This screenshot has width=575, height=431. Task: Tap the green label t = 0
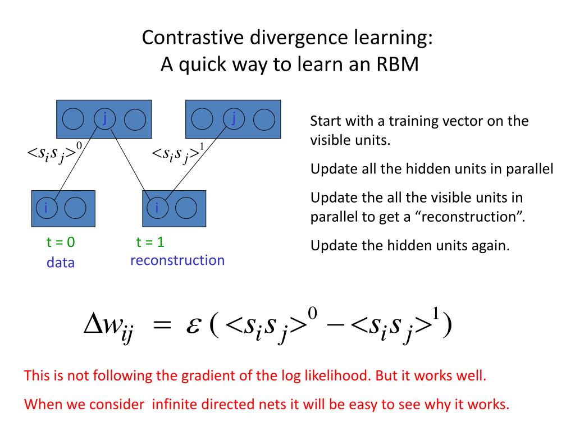point(61,242)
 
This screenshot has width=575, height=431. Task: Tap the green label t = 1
point(150,242)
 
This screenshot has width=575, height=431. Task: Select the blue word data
point(61,263)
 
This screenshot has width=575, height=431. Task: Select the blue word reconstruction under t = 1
point(177,260)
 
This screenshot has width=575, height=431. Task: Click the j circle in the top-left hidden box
point(104,118)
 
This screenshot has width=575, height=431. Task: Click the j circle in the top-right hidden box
point(233,118)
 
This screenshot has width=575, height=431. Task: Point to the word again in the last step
point(490,245)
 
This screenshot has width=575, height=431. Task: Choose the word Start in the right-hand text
point(325,121)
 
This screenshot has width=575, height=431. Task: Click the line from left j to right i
point(127,163)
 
